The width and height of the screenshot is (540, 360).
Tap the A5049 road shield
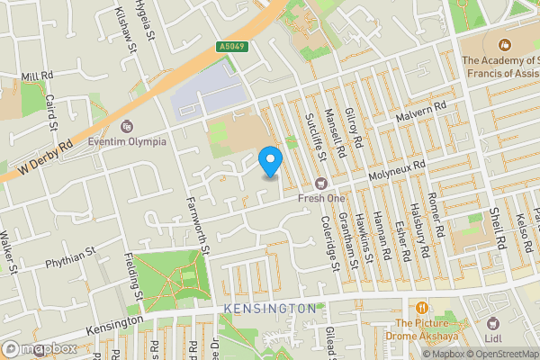231,47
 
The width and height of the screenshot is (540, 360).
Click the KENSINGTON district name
270,309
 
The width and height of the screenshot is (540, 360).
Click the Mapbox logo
40,348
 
